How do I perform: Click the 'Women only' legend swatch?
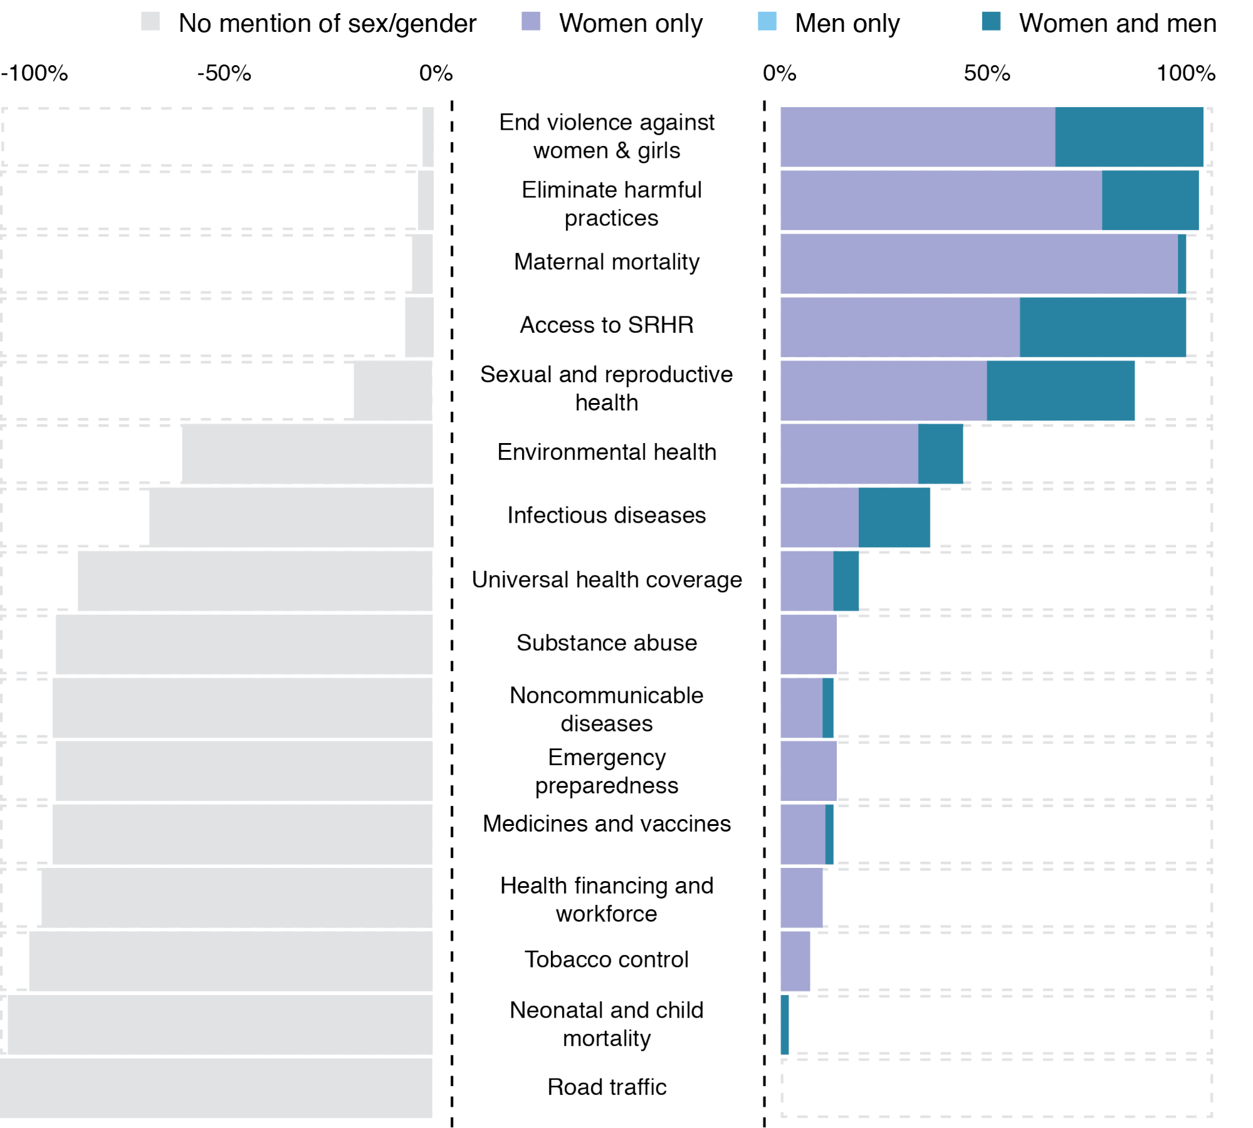point(530,22)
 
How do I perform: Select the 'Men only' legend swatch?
point(767,22)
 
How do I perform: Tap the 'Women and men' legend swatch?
point(991,22)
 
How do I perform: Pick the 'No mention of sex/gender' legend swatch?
point(150,22)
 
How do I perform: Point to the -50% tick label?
point(224,73)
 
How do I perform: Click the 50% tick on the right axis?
point(987,73)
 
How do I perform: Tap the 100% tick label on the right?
point(1186,73)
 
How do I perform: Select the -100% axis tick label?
point(34,73)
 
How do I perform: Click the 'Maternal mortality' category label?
point(606,262)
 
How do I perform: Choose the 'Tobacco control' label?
point(606,959)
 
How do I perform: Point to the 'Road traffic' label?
point(606,1087)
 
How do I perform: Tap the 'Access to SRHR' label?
point(606,325)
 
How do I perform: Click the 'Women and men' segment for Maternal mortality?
point(1182,264)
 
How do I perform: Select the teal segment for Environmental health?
point(940,454)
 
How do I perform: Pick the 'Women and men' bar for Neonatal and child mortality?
point(785,1025)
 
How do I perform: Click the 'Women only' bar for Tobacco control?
point(795,961)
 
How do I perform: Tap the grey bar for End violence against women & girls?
point(427,137)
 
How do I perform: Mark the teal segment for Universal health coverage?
point(846,581)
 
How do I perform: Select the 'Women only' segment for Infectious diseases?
point(819,518)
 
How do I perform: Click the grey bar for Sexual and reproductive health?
point(393,390)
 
